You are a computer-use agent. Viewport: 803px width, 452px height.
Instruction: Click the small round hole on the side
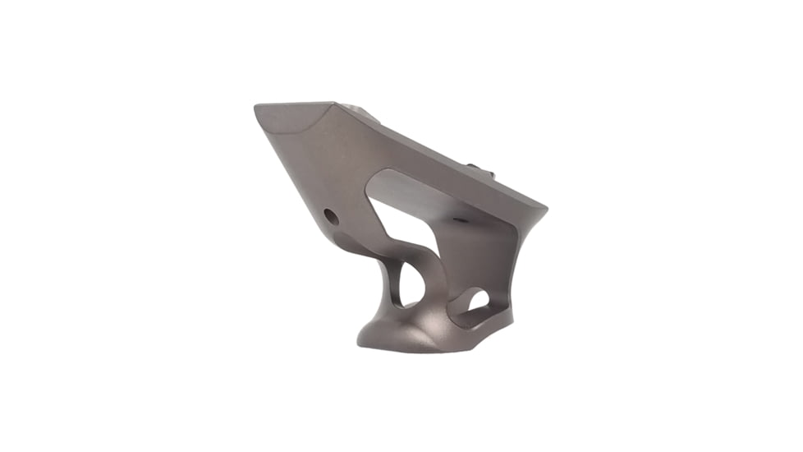(x=331, y=217)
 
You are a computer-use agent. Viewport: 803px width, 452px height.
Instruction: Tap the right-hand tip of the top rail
(x=544, y=205)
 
